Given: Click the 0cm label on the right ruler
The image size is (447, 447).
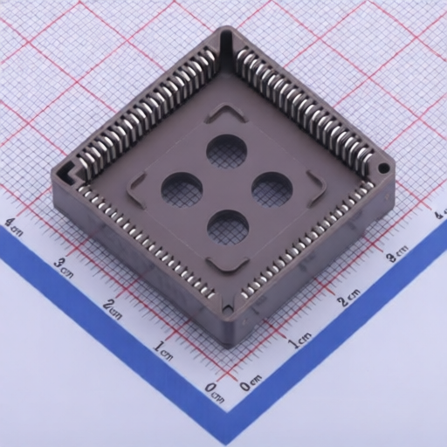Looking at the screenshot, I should point(250,381).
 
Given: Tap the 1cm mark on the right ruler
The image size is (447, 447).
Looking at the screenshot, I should point(299,340).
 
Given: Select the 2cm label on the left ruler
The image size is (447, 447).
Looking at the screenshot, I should point(113,308).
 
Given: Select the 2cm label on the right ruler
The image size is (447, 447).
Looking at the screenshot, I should point(348,299).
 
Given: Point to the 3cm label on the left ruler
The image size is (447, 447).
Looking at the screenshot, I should point(63,265).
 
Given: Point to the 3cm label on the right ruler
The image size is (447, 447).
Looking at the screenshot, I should point(397,255).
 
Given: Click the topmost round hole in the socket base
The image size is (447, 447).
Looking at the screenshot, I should point(227,152).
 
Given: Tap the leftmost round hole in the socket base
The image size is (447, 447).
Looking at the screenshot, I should point(182,188).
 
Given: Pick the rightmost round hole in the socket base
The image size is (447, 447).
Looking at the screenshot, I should point(272,189).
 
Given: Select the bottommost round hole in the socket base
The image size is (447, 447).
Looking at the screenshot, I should point(228,227).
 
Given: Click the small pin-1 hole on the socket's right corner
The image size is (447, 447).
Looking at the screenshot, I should point(382,167).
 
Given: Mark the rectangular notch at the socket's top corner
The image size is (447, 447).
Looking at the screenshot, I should point(228,40).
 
